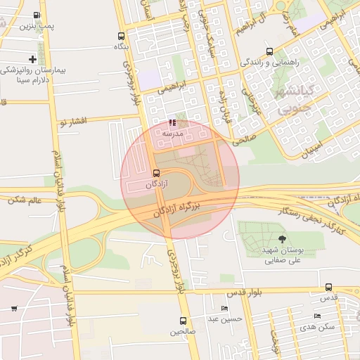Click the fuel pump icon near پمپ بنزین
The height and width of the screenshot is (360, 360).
point(37,15)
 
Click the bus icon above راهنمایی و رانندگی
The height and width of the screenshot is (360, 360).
point(270,51)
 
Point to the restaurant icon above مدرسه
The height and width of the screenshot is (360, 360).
point(172,122)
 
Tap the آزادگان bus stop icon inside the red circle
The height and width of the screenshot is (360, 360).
point(156,173)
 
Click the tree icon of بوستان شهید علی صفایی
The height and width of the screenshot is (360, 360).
point(282,239)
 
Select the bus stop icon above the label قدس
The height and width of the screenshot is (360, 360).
point(329,287)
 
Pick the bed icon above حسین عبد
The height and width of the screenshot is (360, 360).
point(224,309)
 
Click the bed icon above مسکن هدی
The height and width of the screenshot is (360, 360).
point(317,317)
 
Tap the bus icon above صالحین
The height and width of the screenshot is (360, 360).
point(183,321)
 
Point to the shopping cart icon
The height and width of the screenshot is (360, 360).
point(15,309)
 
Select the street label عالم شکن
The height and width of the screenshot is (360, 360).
point(25,200)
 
